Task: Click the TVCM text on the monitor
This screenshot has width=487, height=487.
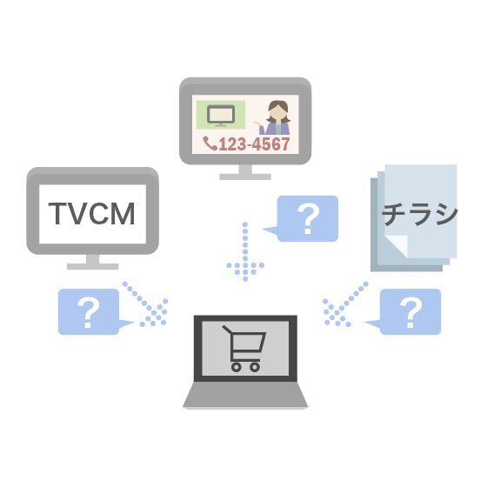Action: [92, 213]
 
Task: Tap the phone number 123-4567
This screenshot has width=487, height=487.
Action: [254, 144]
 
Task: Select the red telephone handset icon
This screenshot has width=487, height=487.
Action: [210, 143]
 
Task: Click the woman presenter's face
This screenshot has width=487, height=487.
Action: [277, 113]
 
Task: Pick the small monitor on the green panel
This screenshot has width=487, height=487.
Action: [221, 116]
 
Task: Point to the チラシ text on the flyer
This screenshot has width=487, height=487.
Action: [419, 214]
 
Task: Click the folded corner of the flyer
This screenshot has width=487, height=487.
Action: [397, 246]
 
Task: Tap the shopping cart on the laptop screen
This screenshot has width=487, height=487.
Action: [244, 349]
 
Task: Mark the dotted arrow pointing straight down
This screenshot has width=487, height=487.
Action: [245, 252]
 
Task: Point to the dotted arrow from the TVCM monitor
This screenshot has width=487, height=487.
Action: [145, 304]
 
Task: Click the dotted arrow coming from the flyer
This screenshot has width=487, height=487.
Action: [345, 304]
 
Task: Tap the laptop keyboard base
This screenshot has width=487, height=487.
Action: [245, 395]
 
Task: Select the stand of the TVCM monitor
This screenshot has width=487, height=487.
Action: [92, 263]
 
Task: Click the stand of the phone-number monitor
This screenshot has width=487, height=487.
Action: [245, 172]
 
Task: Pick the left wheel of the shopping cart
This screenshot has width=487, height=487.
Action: [236, 367]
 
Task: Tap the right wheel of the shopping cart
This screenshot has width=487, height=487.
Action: [255, 367]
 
